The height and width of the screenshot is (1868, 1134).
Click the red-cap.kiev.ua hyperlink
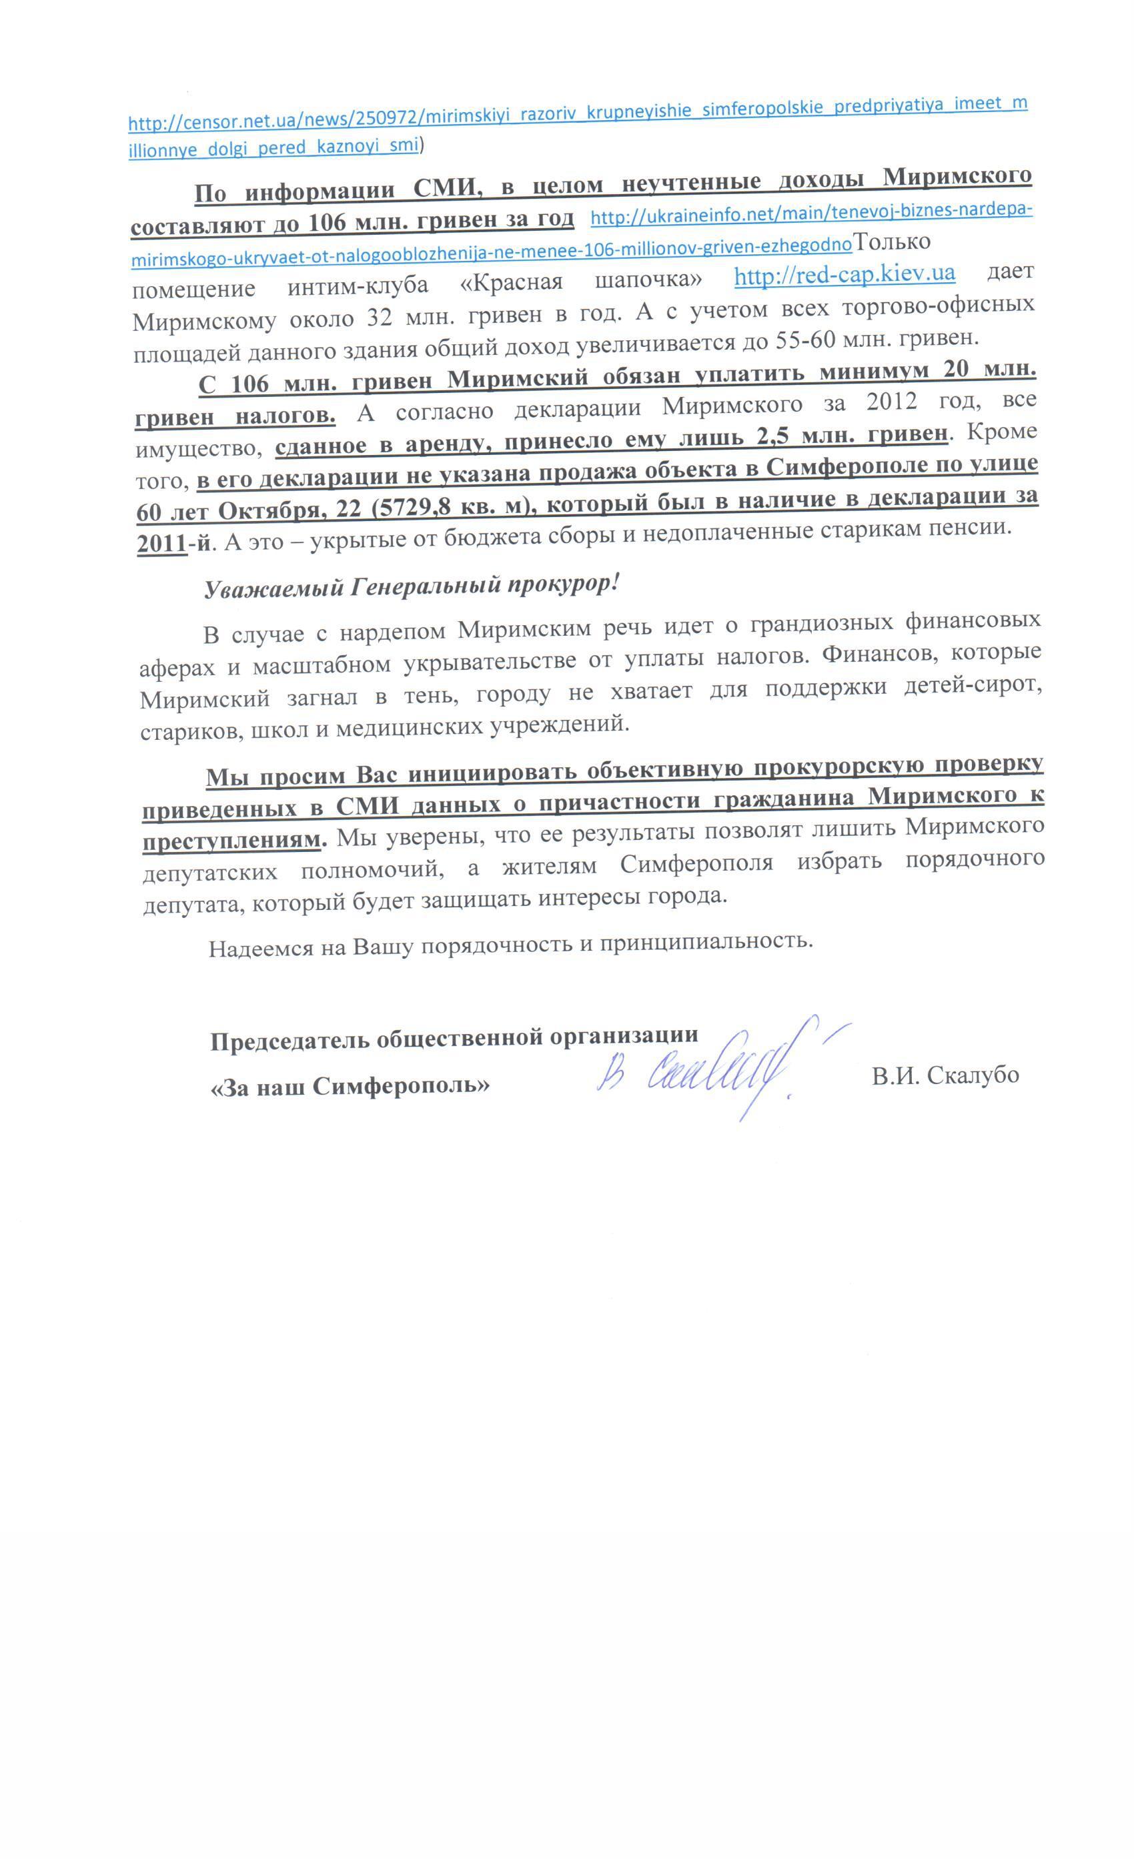coord(844,274)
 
